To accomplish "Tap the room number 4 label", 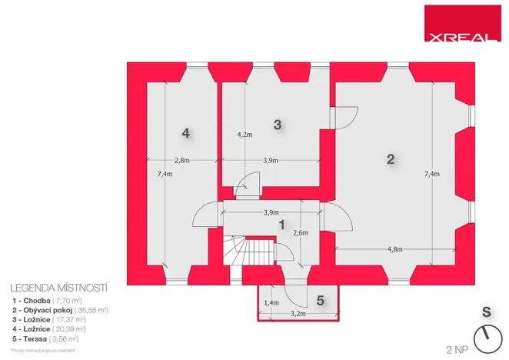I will pos(185,133).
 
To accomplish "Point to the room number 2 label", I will pos(391,159).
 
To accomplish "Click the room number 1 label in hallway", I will pos(281,225).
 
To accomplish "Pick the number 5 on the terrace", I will pos(321,299).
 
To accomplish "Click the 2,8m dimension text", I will pos(181,161).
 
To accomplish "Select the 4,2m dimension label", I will pos(245,135).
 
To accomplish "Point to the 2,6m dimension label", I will pos(301,233).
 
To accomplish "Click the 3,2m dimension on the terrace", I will pos(298,314).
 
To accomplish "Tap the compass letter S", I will pos(486,312).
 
